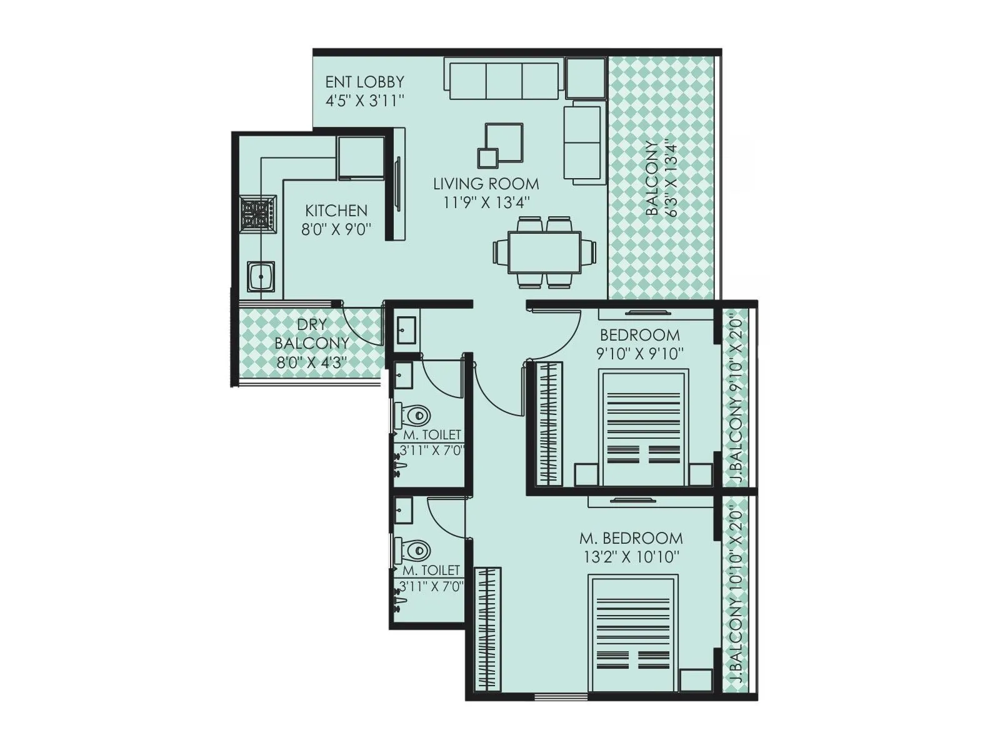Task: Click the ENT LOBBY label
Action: coord(365,82)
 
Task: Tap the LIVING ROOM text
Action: coord(486,184)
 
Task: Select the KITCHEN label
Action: coord(336,211)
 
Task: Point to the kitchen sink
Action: coord(261,276)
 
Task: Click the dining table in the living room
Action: coord(544,252)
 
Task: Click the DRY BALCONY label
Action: coord(311,334)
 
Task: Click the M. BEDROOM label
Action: coord(631,538)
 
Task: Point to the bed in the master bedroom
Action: coord(634,634)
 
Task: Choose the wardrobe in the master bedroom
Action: coord(487,628)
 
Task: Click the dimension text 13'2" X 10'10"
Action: coord(631,557)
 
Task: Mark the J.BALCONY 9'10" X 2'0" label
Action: coord(736,400)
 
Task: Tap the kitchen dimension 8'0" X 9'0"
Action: coord(336,229)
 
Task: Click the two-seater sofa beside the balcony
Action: coord(583,144)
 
